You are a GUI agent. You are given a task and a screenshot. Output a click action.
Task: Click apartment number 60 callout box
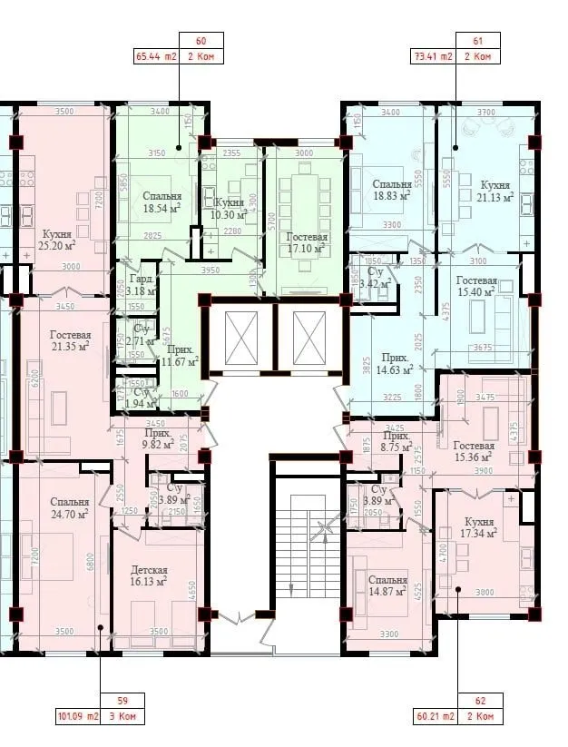point(201,41)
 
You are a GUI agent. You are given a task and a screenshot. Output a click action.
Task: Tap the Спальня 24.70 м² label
point(70,507)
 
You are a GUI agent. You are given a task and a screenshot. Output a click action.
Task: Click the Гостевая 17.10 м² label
point(308,241)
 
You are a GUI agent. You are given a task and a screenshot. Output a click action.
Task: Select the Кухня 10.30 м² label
point(230,208)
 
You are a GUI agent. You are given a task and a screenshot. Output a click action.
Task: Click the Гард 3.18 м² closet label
point(141,285)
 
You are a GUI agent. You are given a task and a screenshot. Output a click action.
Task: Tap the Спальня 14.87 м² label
point(387,586)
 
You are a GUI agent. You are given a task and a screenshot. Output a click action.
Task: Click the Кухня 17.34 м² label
point(479,528)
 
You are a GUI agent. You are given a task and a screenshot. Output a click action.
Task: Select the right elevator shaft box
point(309,337)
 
